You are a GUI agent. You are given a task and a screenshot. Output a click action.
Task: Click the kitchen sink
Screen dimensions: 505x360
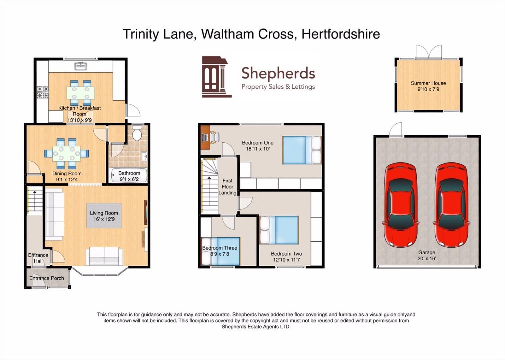pyautogui.click(x=81, y=66)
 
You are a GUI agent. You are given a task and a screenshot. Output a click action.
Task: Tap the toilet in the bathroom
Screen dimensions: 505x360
pyautogui.click(x=137, y=133)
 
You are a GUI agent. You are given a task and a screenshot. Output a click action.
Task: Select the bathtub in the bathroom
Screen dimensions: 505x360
pyautogui.click(x=129, y=175)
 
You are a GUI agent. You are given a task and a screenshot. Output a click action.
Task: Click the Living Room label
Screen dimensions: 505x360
pyautogui.click(x=104, y=213)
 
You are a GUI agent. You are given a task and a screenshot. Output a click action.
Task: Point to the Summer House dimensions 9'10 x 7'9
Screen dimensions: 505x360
pyautogui.click(x=428, y=89)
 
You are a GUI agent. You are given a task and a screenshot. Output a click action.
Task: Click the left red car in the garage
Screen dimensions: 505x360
pyautogui.click(x=401, y=205)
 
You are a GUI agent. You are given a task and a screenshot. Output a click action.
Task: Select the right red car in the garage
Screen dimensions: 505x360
pyautogui.click(x=451, y=205)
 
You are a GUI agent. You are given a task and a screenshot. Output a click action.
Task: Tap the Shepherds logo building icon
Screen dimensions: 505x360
pyautogui.click(x=216, y=77)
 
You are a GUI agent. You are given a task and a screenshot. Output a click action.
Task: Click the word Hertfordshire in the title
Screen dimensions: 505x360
pyautogui.click(x=341, y=34)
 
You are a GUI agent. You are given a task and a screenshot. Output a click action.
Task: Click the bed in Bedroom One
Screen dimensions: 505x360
pyautogui.click(x=302, y=150)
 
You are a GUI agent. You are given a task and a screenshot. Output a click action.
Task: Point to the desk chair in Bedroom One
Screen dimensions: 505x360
pyautogui.click(x=215, y=137)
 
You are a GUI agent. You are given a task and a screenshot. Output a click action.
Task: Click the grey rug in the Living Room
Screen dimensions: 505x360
pyautogui.click(x=104, y=216)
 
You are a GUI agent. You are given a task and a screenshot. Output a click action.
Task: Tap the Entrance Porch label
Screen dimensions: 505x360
pyautogui.click(x=47, y=278)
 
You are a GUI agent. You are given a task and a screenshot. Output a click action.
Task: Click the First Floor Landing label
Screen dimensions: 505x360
pyautogui.click(x=227, y=187)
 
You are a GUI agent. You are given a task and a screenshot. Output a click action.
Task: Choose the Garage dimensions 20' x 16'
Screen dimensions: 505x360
pyautogui.click(x=427, y=259)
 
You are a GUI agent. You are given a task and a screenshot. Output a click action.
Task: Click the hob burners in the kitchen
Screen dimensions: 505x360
pyautogui.click(x=43, y=92)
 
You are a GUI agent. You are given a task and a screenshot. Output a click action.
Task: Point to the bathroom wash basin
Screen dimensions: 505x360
pyautogui.click(x=144, y=156)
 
